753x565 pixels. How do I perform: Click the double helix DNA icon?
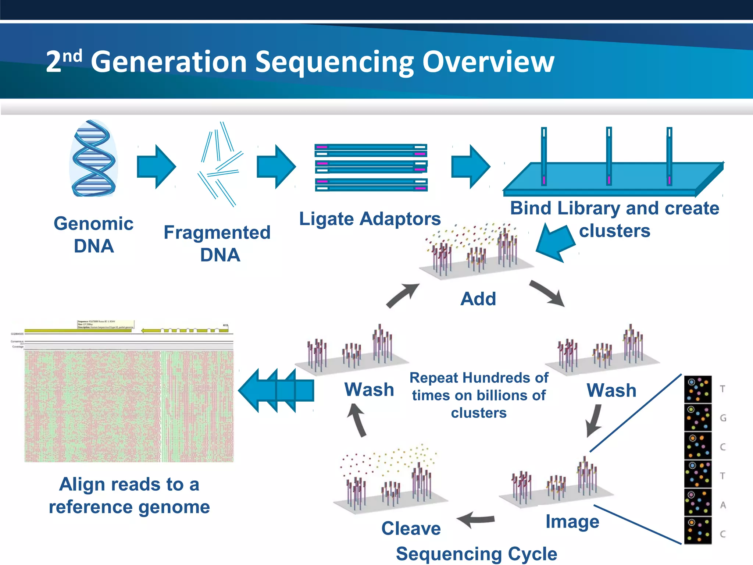coord(94,158)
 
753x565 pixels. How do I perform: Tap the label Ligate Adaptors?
coord(370,219)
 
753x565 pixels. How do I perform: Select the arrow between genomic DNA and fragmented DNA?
coord(156,167)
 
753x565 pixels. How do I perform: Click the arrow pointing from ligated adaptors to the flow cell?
coord(470,167)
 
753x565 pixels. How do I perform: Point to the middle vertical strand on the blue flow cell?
coord(609,156)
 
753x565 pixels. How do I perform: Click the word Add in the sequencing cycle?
coord(478,299)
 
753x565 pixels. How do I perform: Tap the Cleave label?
coord(411,529)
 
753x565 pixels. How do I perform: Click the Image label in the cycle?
coord(572,522)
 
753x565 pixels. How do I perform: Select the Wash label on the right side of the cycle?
coord(611,390)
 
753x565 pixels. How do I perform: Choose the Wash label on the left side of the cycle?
coord(369,390)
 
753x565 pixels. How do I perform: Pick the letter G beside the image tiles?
coord(723,418)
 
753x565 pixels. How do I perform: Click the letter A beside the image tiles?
coord(723,505)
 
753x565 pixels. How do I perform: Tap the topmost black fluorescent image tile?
coord(697,389)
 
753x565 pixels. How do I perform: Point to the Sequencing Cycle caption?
coord(477,554)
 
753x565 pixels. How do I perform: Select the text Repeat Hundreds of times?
coord(479,387)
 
